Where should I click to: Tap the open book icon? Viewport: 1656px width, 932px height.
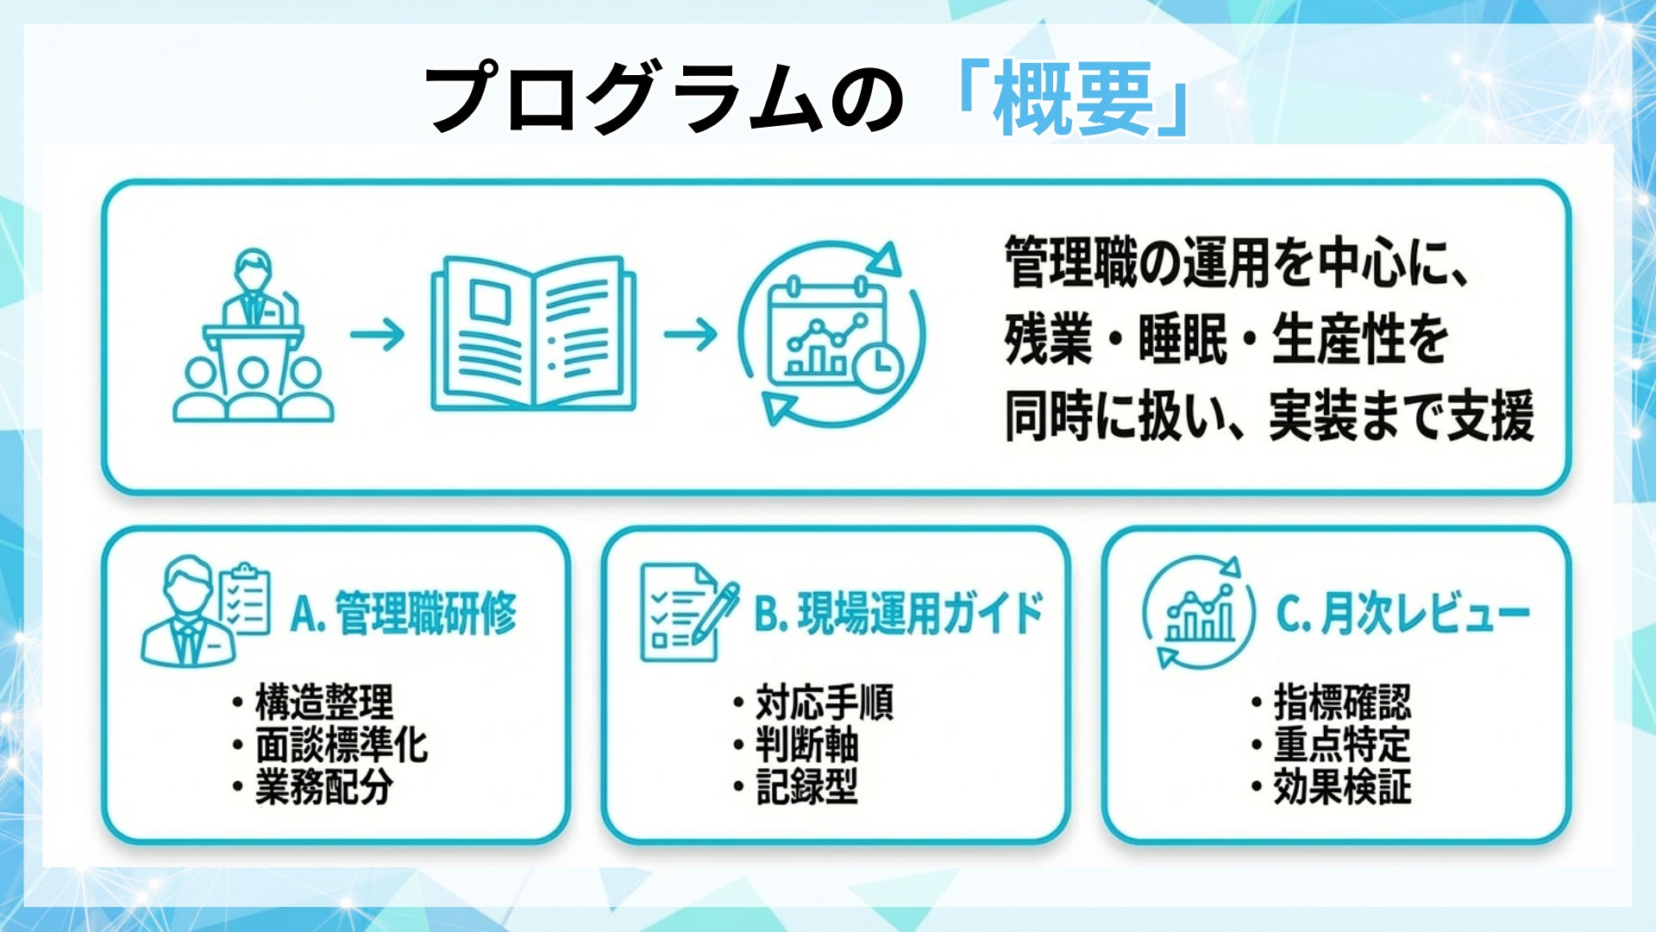click(533, 333)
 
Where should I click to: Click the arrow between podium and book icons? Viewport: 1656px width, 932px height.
click(377, 334)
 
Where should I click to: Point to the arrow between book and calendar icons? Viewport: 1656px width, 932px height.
click(690, 334)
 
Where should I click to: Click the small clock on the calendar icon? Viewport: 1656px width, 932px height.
click(877, 364)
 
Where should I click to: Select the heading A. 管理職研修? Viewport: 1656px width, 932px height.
click(404, 614)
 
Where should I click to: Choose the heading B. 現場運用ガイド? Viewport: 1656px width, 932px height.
click(899, 614)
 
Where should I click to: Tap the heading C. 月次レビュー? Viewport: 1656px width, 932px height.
click(1402, 614)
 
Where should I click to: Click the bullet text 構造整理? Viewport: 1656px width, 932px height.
click(324, 702)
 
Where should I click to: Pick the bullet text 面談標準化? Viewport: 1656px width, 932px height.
click(342, 745)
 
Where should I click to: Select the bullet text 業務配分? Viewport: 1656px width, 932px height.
click(324, 787)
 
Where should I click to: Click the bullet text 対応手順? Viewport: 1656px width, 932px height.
click(825, 702)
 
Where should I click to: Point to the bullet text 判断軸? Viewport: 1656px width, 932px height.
click(807, 745)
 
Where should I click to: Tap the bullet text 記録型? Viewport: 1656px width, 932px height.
click(807, 787)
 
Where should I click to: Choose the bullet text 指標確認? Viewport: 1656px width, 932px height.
click(1342, 702)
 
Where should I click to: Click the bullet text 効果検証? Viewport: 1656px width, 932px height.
click(1342, 787)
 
